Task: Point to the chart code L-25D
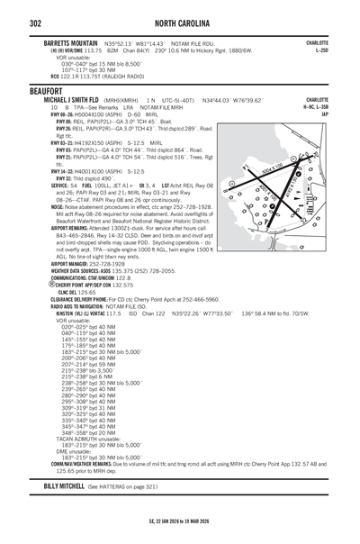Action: (x=320, y=50)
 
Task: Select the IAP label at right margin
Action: (x=323, y=114)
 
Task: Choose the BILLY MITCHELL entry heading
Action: (x=65, y=511)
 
